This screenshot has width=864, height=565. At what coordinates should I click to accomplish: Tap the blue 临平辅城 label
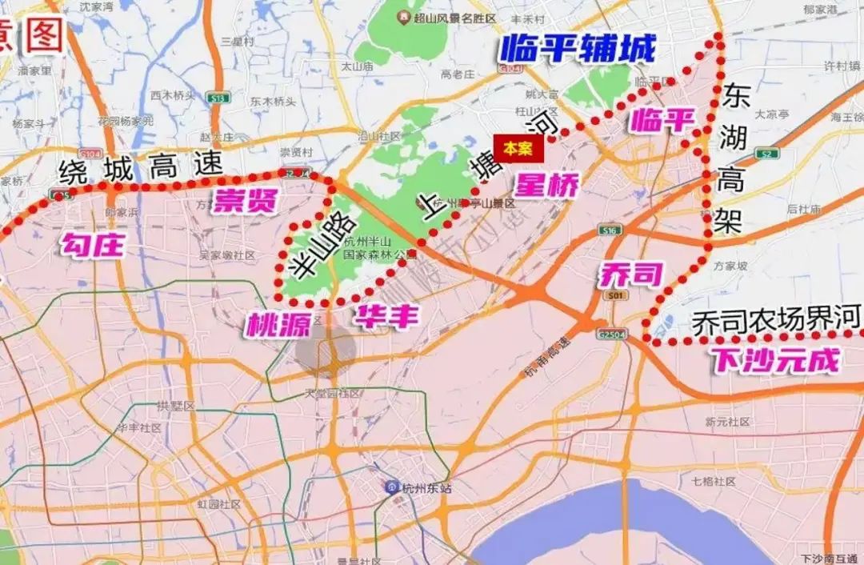point(578,50)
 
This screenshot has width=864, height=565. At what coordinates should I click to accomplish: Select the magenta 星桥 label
point(546,185)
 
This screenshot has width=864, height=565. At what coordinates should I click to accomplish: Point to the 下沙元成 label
point(775,361)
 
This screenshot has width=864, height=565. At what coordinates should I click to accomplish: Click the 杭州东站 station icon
point(392,487)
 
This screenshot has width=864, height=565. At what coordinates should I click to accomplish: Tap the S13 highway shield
point(217,98)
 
